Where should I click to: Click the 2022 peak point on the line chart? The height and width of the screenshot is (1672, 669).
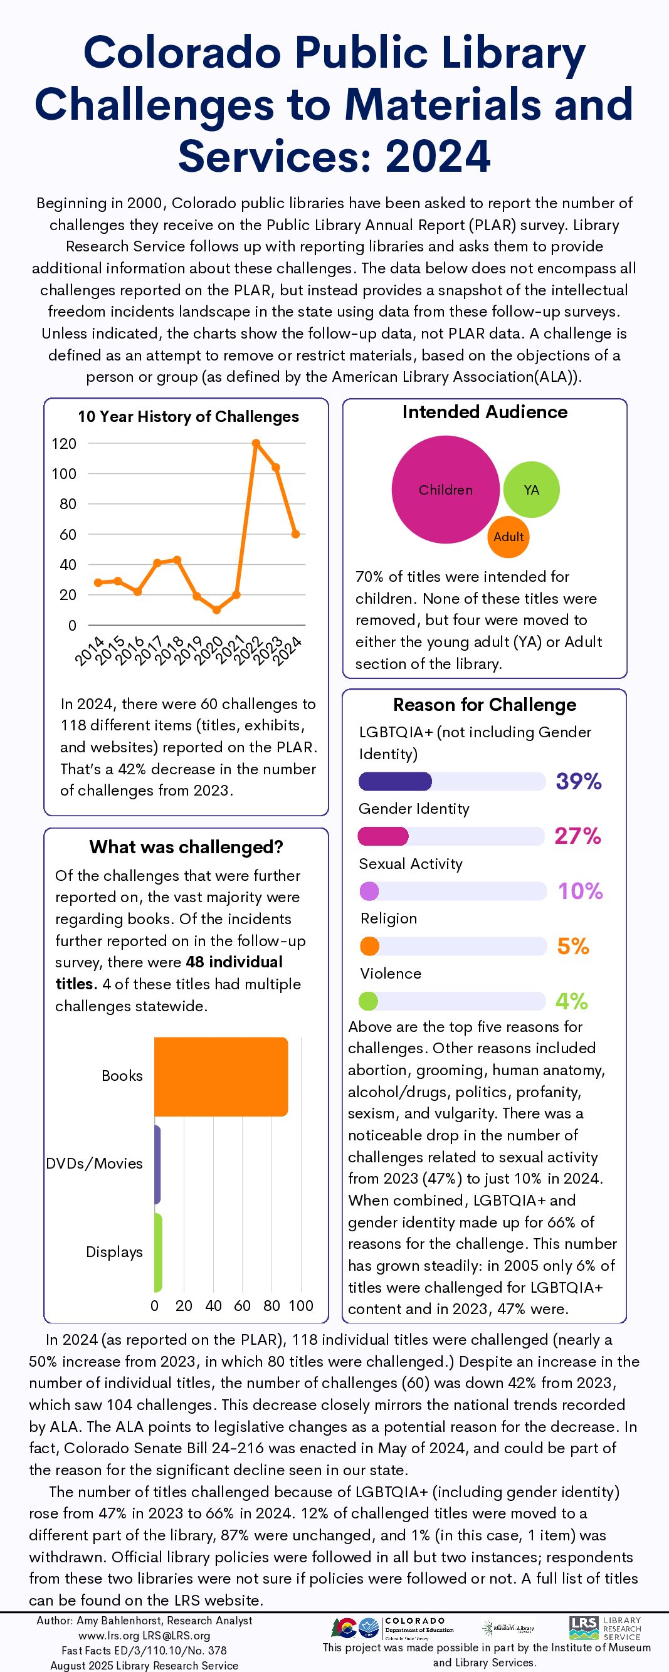256,443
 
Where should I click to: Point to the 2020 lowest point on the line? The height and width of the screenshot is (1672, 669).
217,609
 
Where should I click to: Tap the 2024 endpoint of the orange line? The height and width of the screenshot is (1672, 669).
295,534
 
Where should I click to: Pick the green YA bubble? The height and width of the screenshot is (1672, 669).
532,490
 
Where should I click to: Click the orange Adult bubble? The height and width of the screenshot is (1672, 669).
508,537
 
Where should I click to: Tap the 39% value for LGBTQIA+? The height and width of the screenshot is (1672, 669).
578,781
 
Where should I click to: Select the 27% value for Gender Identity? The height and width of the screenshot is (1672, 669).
577,836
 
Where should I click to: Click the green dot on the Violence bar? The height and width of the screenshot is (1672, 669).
368,1001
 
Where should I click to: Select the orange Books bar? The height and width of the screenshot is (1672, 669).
221,1076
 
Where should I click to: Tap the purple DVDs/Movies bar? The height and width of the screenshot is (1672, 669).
157,1164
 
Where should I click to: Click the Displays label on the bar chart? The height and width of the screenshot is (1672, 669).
114,1251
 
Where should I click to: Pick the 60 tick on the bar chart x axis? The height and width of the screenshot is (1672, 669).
242,1305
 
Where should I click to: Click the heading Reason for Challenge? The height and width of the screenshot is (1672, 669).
484,704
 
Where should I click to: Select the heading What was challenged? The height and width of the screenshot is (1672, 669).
186,846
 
